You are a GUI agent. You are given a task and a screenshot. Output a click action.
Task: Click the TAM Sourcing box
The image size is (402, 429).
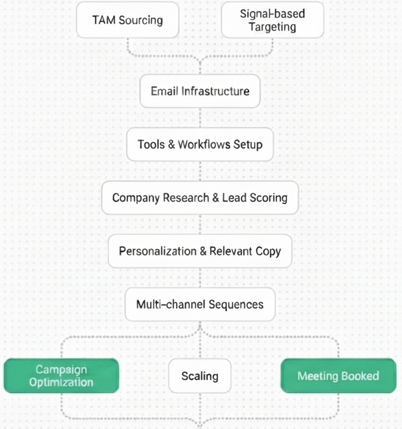tap(127, 20)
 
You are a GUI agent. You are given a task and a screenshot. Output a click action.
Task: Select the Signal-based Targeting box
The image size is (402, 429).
tap(272, 20)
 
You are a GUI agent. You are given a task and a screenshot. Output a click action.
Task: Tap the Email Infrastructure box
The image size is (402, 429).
tap(200, 92)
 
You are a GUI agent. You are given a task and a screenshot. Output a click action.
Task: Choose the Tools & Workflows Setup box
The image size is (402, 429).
tap(200, 144)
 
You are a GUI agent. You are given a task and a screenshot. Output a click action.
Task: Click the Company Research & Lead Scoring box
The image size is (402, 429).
tap(200, 198)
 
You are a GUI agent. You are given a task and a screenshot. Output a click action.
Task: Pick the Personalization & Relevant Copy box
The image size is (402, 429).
tap(200, 251)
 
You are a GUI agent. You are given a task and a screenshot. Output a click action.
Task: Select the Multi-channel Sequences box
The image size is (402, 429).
tap(200, 304)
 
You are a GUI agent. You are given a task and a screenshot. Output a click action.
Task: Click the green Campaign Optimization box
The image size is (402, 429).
tap(61, 376)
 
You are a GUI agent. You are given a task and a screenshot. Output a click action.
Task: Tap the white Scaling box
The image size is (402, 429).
tap(200, 376)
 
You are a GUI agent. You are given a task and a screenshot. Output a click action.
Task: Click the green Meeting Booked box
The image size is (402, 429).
tap(338, 376)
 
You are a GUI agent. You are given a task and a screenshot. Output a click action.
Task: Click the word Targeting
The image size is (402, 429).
tap(272, 27)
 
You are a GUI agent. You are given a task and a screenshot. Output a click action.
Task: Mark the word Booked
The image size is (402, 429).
tap(360, 376)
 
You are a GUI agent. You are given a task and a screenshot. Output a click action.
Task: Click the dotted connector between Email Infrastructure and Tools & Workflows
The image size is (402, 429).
tap(200, 117)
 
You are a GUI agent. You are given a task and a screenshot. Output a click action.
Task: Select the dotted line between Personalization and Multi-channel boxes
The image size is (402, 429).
tap(200, 278)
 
